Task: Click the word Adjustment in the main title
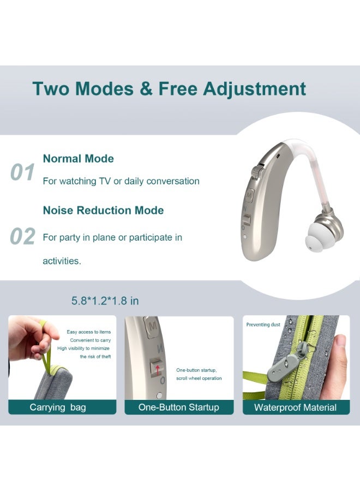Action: pos(254,89)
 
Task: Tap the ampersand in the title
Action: pos(146,89)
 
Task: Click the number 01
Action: pos(23,172)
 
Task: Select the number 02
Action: pos(23,237)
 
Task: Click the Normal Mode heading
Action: pos(78,159)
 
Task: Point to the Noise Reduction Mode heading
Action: pos(103,211)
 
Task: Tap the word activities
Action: pos(62,261)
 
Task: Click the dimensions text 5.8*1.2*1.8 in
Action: pos(105,301)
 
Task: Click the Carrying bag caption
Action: pos(58,408)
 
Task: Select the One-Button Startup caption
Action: pos(178,408)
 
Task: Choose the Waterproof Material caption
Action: pos(295,408)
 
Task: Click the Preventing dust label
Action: pos(263,325)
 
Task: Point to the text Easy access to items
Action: pos(88,332)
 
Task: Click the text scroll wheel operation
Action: pos(199,378)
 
